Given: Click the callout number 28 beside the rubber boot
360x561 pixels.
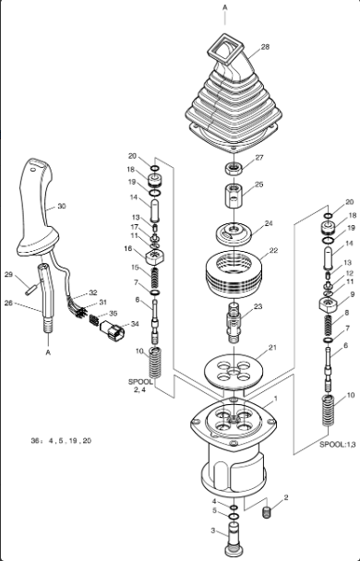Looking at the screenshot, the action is pyautogui.click(x=265, y=47).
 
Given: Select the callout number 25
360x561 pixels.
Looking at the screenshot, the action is pyautogui.click(x=259, y=185).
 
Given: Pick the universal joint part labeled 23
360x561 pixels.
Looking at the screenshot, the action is pyautogui.click(x=234, y=322).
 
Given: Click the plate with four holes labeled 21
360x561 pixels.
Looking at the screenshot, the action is pyautogui.click(x=234, y=371).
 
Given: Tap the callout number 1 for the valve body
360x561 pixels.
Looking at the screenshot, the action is pyautogui.click(x=276, y=399).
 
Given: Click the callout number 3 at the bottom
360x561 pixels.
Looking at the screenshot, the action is pyautogui.click(x=213, y=531).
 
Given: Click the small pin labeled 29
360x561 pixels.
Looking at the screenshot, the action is pyautogui.click(x=29, y=290).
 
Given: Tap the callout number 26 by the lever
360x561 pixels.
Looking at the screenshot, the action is pyautogui.click(x=9, y=303).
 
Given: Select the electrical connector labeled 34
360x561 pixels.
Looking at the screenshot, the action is pyautogui.click(x=113, y=329).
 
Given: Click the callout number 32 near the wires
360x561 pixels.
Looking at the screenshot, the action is pyautogui.click(x=93, y=292).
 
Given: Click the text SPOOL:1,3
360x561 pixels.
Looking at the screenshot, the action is pyautogui.click(x=337, y=445).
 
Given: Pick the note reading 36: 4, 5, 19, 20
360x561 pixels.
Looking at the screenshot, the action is pyautogui.click(x=61, y=441).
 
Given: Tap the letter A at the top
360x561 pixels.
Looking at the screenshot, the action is pyautogui.click(x=225, y=7).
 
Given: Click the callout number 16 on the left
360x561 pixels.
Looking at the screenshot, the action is pyautogui.click(x=128, y=248).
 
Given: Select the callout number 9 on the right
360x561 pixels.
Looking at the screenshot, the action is pyautogui.click(x=353, y=294).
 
